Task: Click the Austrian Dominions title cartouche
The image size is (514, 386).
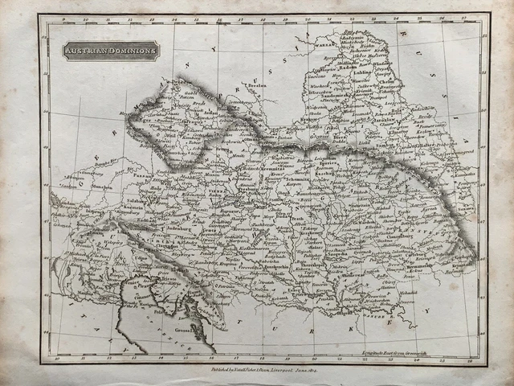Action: click(x=112, y=51)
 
